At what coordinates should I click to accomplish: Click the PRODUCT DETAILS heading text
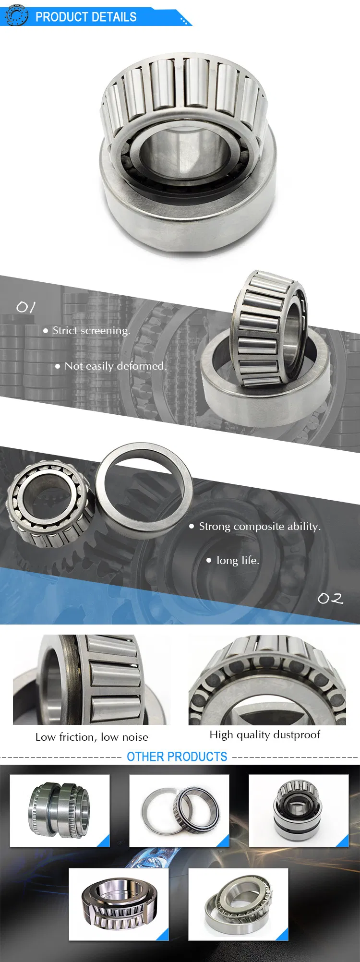[86, 17]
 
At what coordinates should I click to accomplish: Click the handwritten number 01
[25, 307]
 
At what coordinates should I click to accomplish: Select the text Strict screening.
[91, 331]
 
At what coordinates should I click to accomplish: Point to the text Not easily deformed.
[116, 366]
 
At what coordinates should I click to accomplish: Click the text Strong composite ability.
[260, 527]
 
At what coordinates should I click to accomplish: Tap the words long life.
[238, 561]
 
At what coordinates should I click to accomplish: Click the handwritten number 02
[330, 598]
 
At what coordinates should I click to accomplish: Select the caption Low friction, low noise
[92, 737]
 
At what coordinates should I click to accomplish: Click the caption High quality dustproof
[264, 734]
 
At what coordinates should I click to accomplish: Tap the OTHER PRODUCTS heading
[177, 757]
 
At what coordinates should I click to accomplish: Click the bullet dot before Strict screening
[46, 331]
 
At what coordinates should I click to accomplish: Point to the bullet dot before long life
[209, 560]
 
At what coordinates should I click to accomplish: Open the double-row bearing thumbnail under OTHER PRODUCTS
[60, 810]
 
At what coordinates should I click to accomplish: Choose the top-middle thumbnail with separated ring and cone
[179, 810]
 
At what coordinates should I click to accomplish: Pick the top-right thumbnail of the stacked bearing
[299, 810]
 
